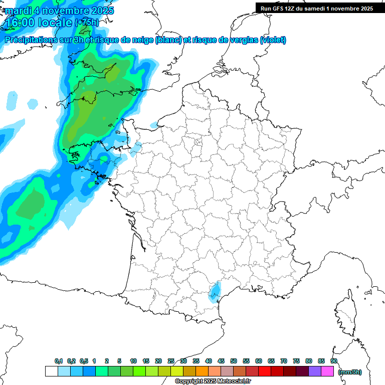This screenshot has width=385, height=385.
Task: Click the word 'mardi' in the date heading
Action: pos(18,11)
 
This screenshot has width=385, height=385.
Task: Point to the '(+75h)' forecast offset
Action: pos(87,23)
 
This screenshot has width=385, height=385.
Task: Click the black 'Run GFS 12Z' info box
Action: pos(317,8)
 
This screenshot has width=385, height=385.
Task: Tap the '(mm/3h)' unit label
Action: pos(349,371)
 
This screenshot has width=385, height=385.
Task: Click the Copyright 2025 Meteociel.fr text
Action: pos(213,381)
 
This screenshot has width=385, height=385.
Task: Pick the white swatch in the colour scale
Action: pos(51,371)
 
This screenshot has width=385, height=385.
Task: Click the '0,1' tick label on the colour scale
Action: pos(59,361)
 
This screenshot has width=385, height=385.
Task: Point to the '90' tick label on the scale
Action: pos(334,361)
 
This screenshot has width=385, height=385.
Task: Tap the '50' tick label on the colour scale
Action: pos(234,361)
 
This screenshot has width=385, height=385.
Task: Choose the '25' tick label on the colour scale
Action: pos(171,361)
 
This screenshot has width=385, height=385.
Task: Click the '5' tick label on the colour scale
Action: pos(119,361)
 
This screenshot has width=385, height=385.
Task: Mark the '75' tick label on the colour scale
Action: pos(296,361)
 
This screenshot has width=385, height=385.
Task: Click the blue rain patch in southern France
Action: pos(216,292)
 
